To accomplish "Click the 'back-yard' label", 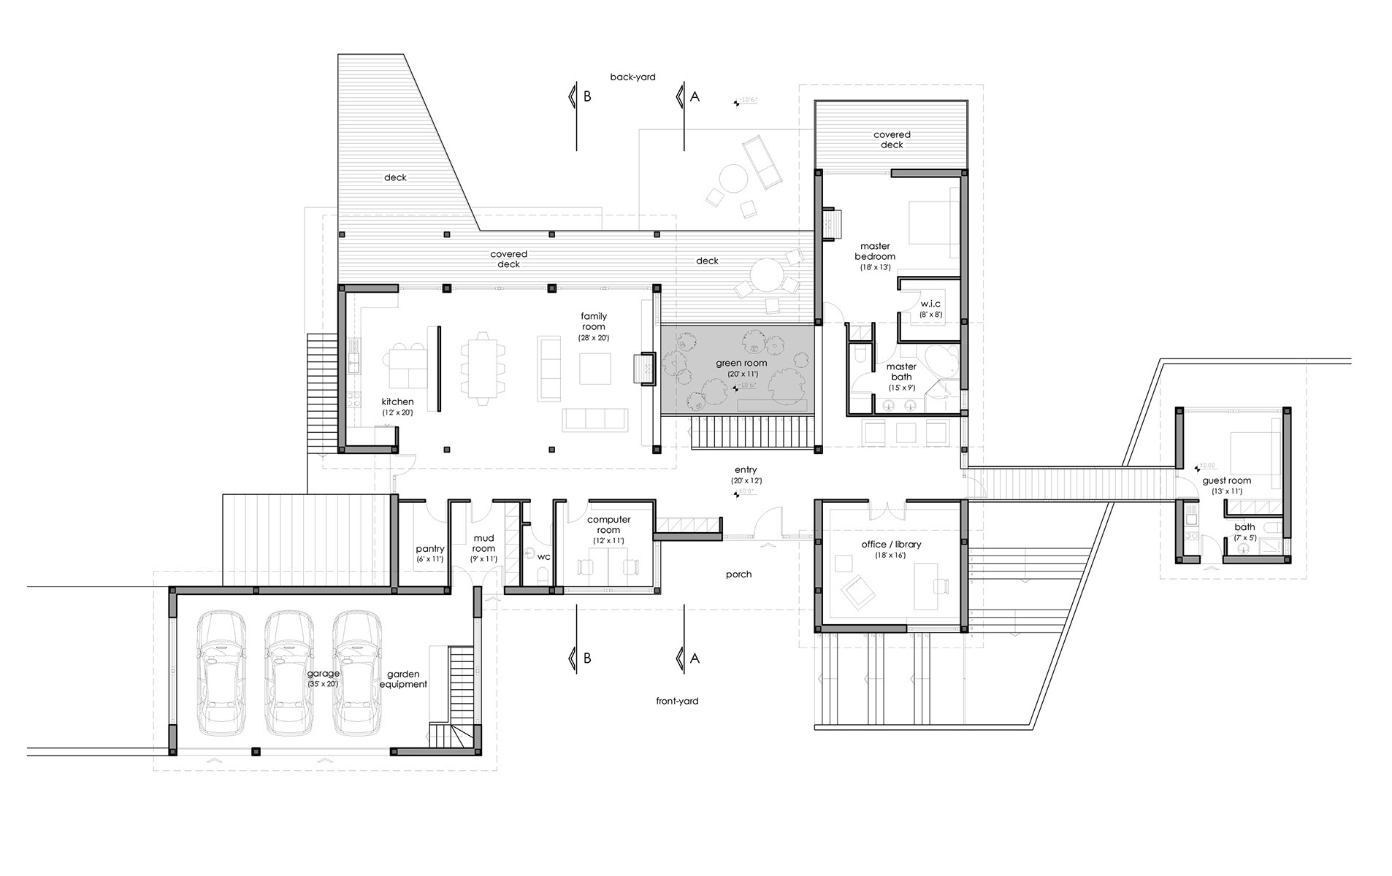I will [x=632, y=77].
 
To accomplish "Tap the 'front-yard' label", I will [x=677, y=701].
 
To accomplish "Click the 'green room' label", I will [x=741, y=364].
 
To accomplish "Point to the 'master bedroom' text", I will [x=874, y=251].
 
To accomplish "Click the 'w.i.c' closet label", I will [x=930, y=304].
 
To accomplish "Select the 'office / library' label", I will [x=891, y=545].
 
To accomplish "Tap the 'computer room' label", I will [x=608, y=525].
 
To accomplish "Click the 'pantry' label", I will [x=429, y=549].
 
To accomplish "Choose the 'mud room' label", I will [x=483, y=544].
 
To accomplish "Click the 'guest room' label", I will [x=1226, y=481].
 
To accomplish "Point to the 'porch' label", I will [x=738, y=575].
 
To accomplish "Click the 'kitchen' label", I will [x=397, y=402].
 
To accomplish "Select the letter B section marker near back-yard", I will [x=586, y=96].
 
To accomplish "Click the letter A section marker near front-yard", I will [x=695, y=658].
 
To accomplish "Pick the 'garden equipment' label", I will [x=403, y=680].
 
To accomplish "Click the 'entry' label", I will [x=746, y=470].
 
